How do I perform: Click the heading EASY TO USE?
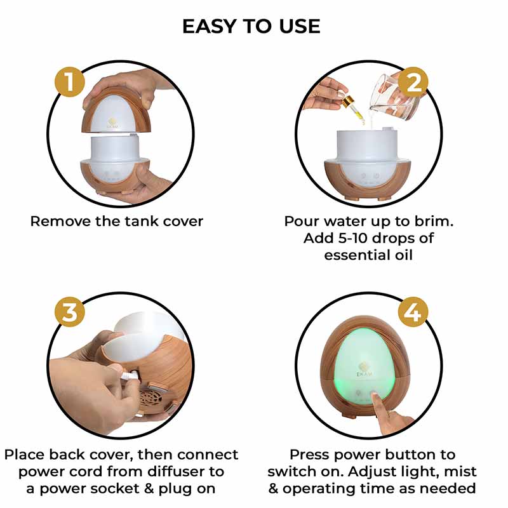coord(251,26)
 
